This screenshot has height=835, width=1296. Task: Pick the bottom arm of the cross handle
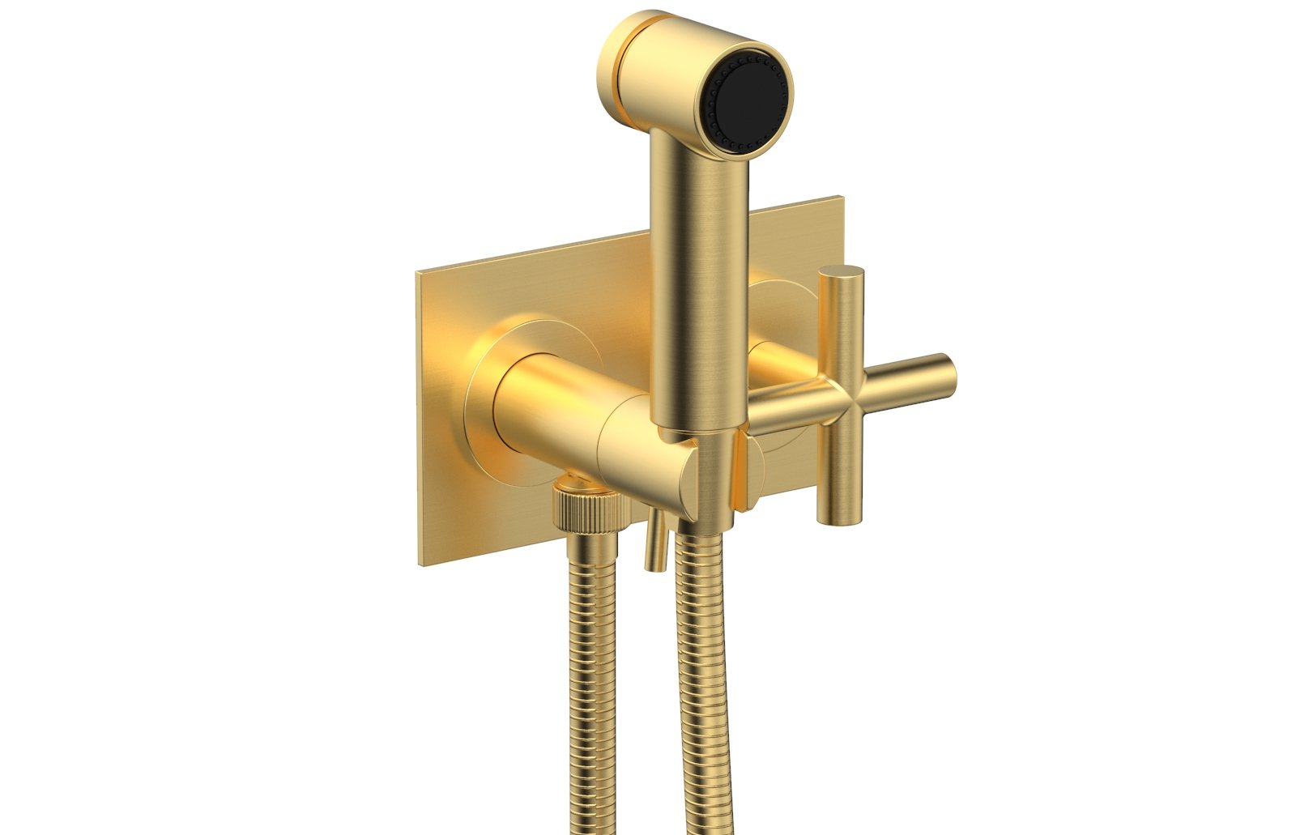[836, 478]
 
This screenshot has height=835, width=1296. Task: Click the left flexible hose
[591, 688]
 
